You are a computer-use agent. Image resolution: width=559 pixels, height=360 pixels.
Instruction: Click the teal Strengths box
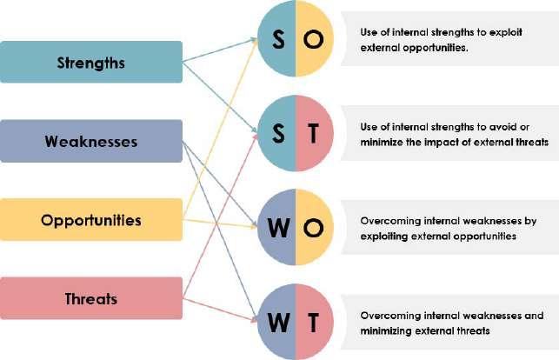(x=90, y=63)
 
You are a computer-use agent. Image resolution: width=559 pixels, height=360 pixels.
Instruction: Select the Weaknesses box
(x=90, y=141)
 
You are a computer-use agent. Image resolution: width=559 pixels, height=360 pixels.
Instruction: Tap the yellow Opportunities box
(x=90, y=220)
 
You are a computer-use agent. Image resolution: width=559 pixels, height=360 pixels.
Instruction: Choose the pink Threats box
(x=90, y=299)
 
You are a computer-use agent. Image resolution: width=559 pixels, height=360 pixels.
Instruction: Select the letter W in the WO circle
(x=277, y=227)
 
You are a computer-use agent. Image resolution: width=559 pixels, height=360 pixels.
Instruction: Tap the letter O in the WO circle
(x=314, y=227)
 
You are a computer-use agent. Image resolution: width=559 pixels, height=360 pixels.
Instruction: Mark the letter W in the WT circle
(x=277, y=320)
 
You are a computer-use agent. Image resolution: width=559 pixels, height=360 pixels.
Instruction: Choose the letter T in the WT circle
(x=314, y=320)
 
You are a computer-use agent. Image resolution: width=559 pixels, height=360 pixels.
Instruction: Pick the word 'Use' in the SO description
(x=368, y=32)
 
